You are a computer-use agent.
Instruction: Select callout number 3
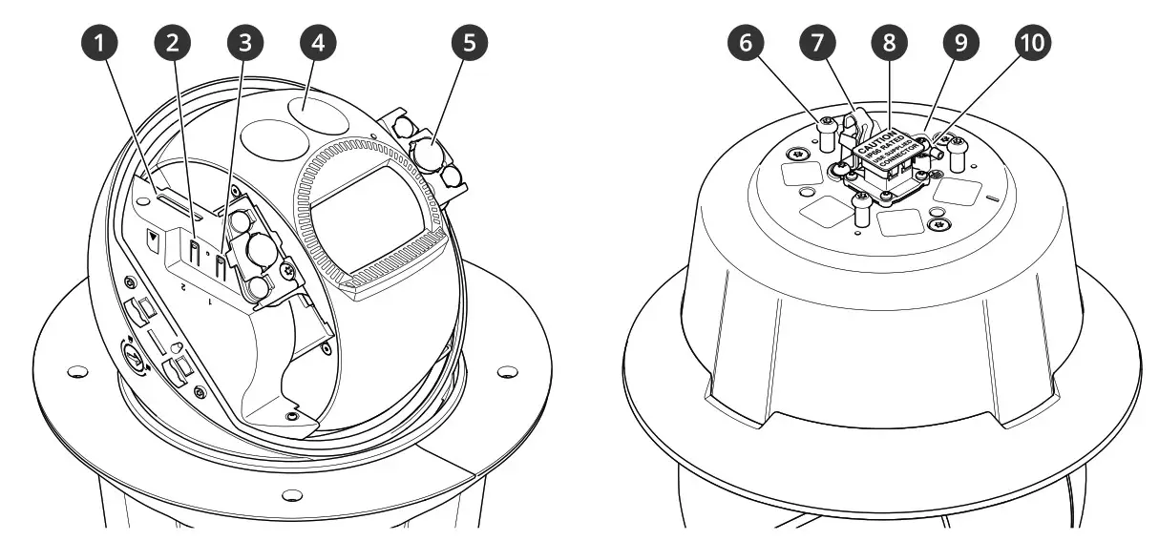click(x=244, y=42)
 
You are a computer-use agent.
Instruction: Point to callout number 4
click(x=317, y=42)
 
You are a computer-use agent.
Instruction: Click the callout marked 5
click(x=470, y=42)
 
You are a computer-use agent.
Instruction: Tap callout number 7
click(x=818, y=42)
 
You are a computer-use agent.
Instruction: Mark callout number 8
click(x=889, y=42)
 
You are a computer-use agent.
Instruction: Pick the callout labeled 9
click(x=959, y=42)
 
